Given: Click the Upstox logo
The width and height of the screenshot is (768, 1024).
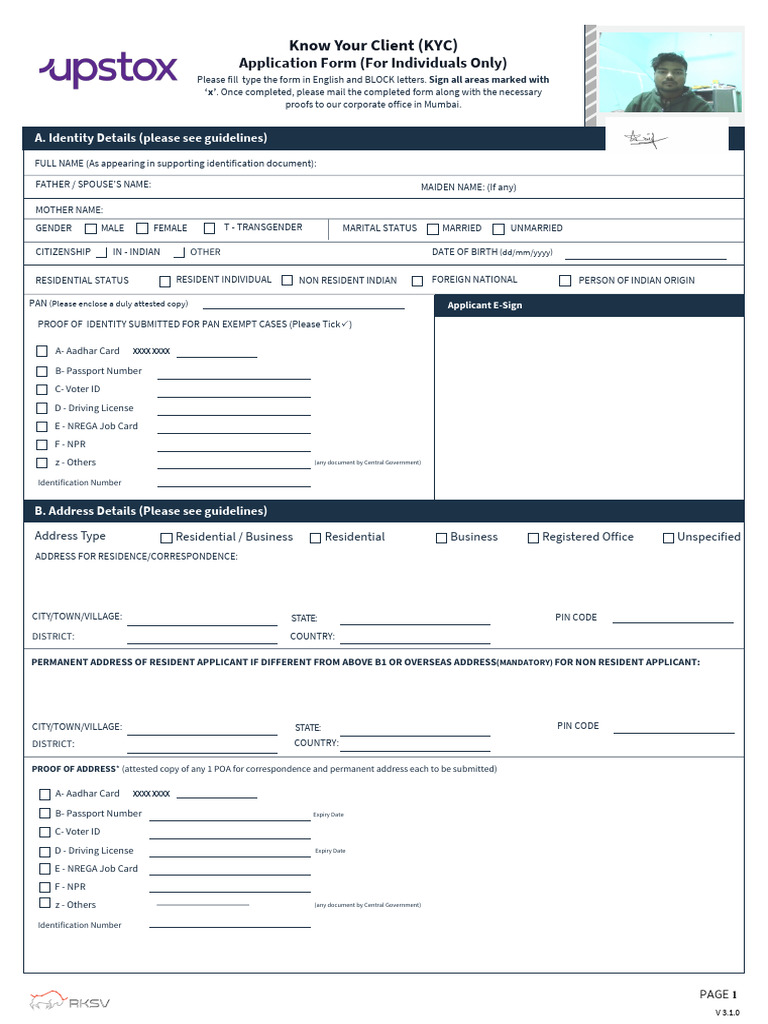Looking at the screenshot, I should [x=108, y=70].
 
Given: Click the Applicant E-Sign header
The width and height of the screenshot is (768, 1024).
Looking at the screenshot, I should [x=485, y=305].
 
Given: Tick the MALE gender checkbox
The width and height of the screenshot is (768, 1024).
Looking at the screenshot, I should [x=91, y=228].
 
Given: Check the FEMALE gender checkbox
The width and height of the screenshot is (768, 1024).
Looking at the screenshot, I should [x=142, y=228].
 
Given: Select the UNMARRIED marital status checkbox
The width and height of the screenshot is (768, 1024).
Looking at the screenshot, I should [x=500, y=229].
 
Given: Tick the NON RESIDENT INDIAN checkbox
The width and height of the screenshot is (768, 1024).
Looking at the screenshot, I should [x=287, y=281].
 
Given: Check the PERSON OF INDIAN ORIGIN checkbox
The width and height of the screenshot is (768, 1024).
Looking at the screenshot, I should [x=565, y=281].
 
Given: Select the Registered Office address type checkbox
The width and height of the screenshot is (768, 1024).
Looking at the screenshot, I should [x=533, y=538].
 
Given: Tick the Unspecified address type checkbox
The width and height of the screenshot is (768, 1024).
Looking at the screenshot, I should [x=668, y=538].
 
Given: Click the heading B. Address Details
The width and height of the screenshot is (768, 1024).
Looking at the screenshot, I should [x=150, y=511].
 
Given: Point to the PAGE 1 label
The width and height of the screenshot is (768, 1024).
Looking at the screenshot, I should [x=717, y=994].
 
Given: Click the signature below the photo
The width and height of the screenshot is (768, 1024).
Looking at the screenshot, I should [x=641, y=138].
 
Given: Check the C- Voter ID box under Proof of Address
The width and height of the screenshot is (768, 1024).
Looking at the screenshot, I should [x=44, y=832].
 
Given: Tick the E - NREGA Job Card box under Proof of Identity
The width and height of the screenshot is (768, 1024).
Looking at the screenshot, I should [x=42, y=427].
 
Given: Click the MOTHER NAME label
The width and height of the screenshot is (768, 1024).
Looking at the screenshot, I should [x=69, y=210].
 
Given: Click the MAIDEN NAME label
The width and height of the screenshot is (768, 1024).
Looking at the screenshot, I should [x=468, y=187].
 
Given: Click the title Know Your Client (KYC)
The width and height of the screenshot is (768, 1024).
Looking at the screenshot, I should [x=372, y=46].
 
